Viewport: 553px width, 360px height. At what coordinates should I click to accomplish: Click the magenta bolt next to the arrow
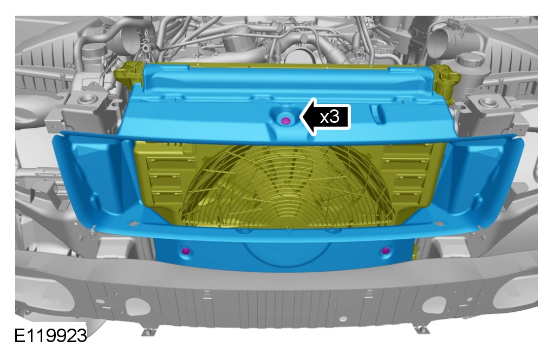tap(286, 121)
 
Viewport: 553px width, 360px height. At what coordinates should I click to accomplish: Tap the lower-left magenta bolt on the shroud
tap(186, 251)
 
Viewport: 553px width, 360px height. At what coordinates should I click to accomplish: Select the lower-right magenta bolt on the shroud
tap(386, 250)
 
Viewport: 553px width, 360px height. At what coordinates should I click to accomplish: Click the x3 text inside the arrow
tap(329, 117)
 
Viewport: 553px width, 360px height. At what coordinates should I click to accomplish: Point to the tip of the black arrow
tap(300, 117)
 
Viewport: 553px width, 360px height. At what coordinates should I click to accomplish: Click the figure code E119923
tap(50, 335)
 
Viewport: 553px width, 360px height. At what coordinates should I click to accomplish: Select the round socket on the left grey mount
tap(87, 99)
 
